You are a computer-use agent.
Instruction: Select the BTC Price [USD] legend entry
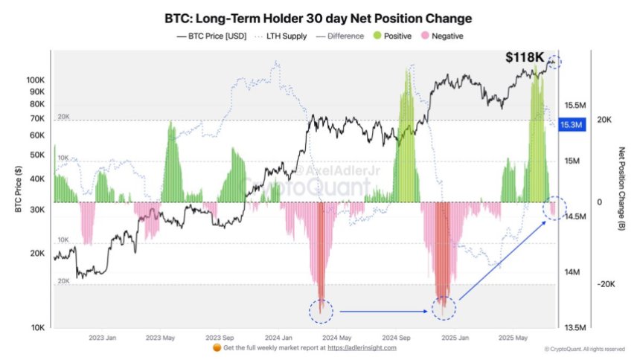pos(213,35)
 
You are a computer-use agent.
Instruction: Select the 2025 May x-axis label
pos(513,337)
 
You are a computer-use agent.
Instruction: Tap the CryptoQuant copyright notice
pos(585,349)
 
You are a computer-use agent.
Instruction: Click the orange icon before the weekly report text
pos(217,347)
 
